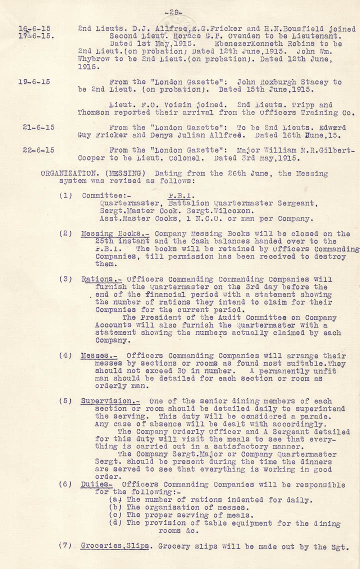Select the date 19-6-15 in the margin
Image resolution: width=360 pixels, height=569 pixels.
(x=35, y=82)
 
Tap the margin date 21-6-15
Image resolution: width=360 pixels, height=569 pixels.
(x=38, y=127)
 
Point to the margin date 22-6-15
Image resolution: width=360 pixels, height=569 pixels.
(x=38, y=149)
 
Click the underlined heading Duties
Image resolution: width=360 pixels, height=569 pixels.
(x=95, y=484)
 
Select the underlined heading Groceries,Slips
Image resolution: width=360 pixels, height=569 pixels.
(x=115, y=546)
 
